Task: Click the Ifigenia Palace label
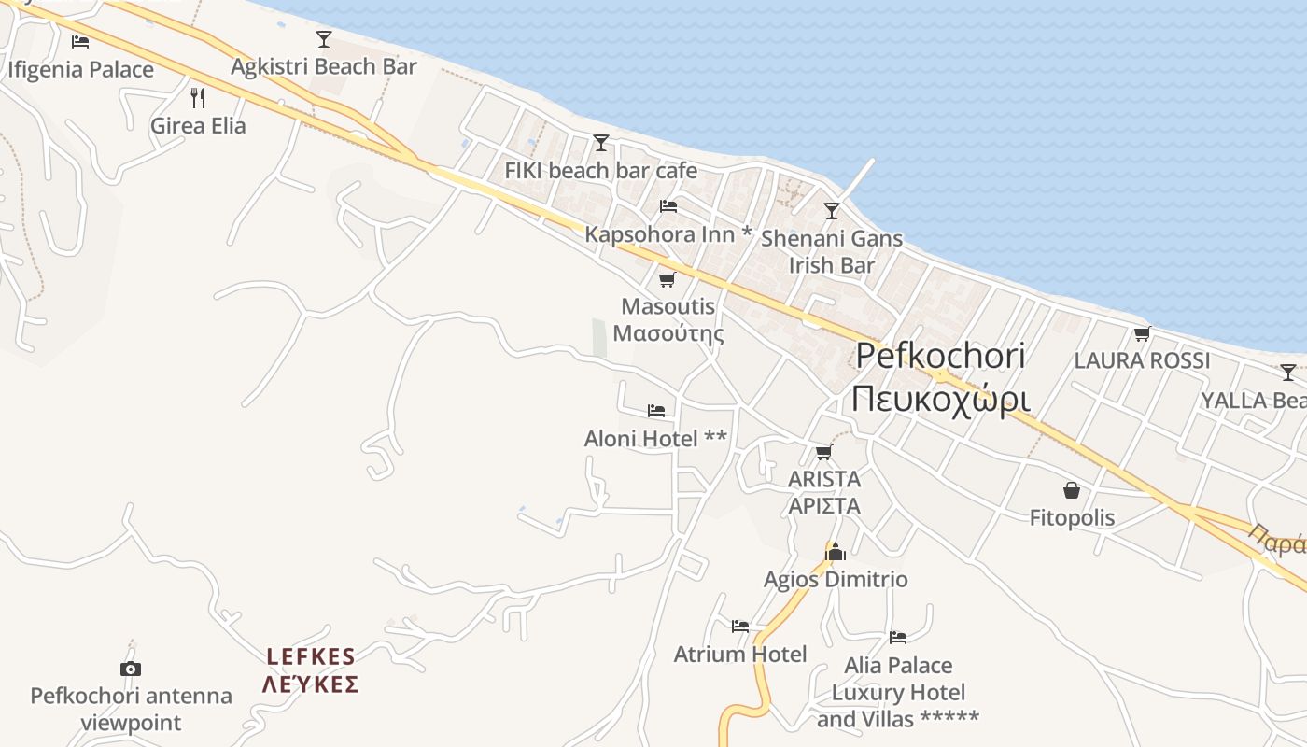click(x=80, y=69)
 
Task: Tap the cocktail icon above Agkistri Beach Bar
click(x=324, y=39)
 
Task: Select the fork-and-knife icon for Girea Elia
click(x=198, y=97)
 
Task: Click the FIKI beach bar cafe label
click(x=600, y=170)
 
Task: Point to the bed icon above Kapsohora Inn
click(x=668, y=206)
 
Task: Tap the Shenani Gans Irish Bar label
click(x=832, y=251)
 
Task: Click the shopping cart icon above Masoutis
click(x=667, y=279)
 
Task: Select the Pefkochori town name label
click(x=940, y=377)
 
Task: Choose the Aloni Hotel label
click(x=655, y=438)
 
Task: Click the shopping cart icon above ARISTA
click(x=823, y=453)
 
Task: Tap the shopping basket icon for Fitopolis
click(x=1072, y=490)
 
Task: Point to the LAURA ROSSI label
click(x=1142, y=359)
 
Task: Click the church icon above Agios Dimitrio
click(x=836, y=552)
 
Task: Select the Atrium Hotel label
click(x=740, y=654)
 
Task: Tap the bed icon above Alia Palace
click(x=898, y=638)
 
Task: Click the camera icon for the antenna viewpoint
click(x=131, y=669)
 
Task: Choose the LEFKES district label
click(x=310, y=669)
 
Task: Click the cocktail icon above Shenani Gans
click(x=832, y=211)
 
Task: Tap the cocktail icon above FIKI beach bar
click(x=601, y=143)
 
